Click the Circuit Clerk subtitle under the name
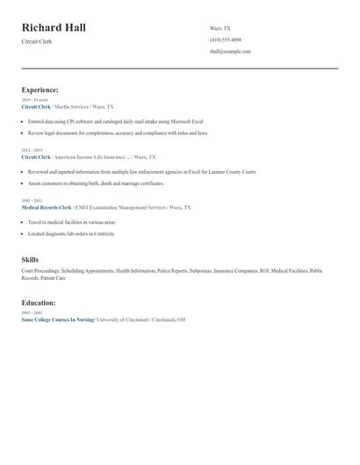[x=37, y=41]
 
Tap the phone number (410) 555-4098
[x=226, y=39]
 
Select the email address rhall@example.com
[x=230, y=51]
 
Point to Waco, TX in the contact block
[x=220, y=28]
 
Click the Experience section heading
[x=40, y=89]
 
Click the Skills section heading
[x=30, y=260]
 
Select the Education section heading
[x=39, y=303]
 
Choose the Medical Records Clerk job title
[x=46, y=208]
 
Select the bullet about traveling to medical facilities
[x=71, y=223]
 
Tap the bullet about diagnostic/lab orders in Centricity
[x=71, y=234]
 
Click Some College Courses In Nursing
[x=56, y=319]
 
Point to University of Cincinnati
[x=122, y=319]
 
